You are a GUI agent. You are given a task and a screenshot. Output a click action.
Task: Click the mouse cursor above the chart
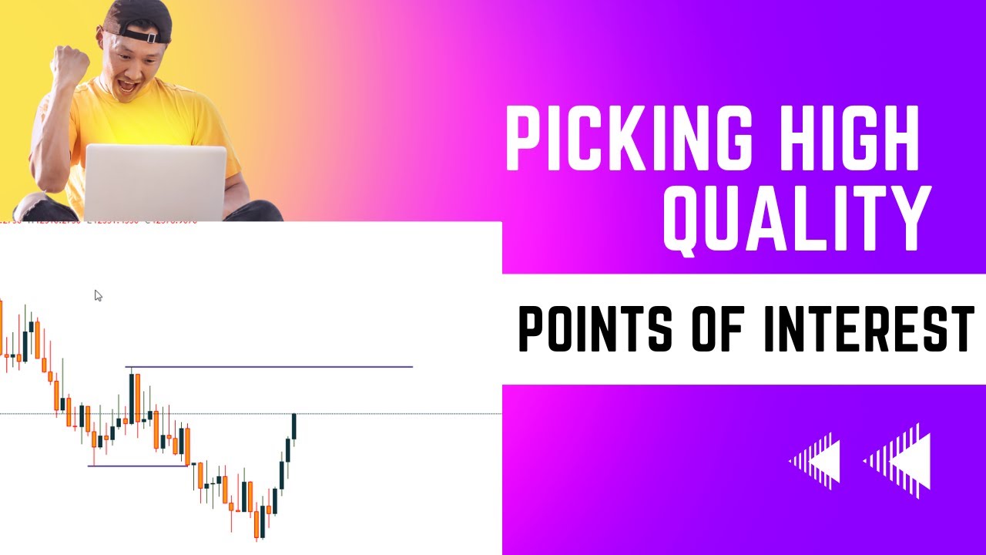click(98, 295)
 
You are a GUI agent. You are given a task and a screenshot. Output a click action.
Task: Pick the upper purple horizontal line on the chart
click(270, 367)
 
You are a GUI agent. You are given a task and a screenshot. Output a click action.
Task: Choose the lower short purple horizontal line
click(139, 466)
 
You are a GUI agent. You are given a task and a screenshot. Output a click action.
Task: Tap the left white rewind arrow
click(815, 461)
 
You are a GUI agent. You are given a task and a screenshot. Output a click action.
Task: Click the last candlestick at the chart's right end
click(294, 426)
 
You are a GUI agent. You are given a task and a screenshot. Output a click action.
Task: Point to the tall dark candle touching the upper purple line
click(132, 397)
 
